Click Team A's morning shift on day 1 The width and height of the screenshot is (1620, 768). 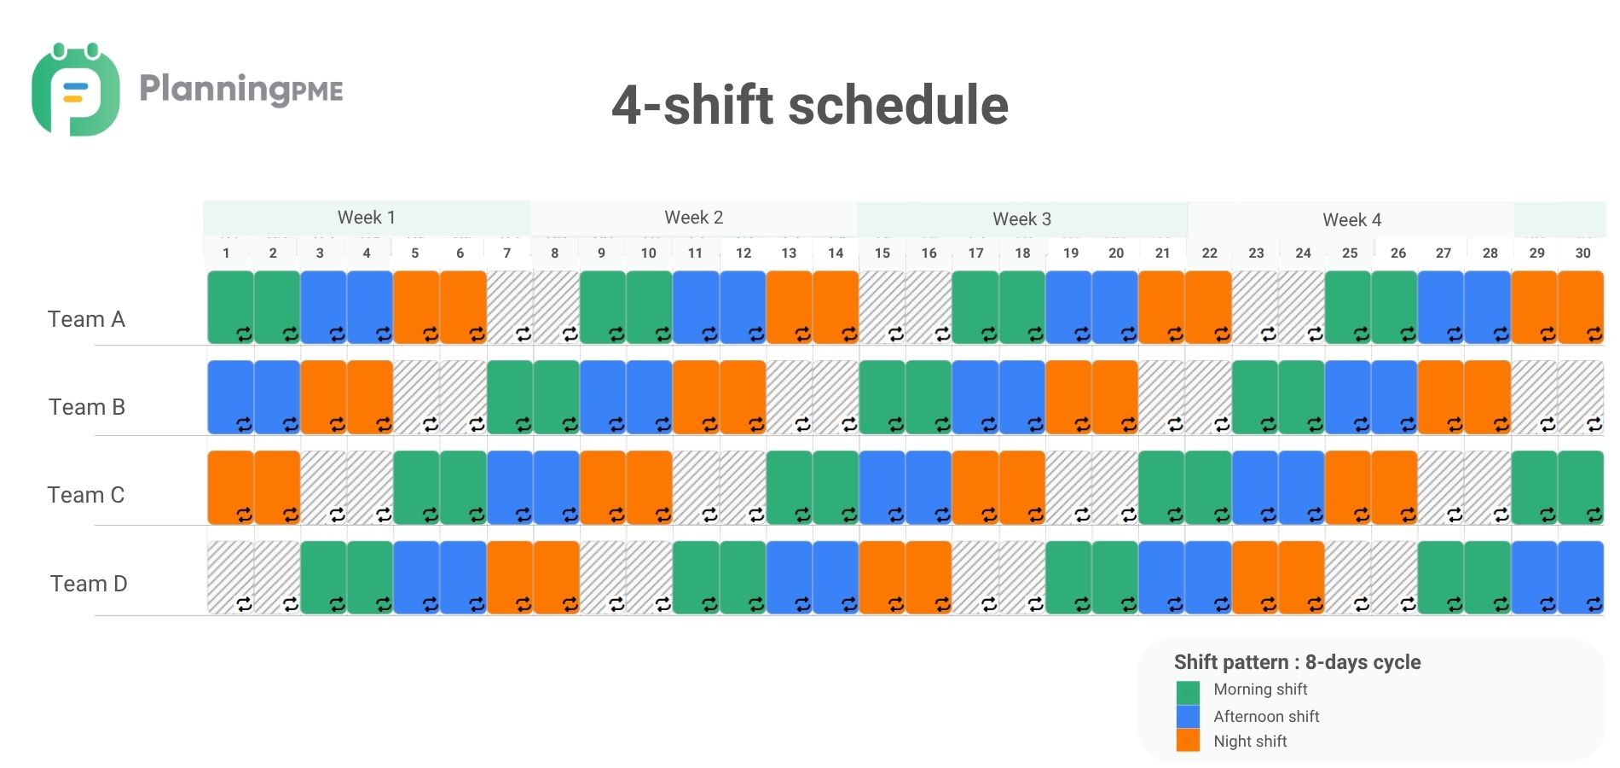[x=230, y=307]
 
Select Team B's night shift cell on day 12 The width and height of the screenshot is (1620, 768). [x=743, y=397]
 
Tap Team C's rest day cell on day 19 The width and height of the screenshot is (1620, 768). [x=1068, y=487]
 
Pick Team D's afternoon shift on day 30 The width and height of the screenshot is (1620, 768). [x=1581, y=577]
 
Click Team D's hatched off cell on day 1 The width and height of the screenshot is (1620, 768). [x=230, y=577]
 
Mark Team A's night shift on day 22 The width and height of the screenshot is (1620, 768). [x=1208, y=307]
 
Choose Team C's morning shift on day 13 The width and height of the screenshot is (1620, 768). [x=790, y=487]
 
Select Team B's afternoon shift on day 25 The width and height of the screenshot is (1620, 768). [x=1348, y=397]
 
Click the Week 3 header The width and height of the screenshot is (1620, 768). [x=1021, y=219]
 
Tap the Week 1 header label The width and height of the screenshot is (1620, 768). [x=367, y=218]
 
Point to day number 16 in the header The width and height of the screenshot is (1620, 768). [x=929, y=253]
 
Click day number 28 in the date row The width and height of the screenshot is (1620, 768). [x=1490, y=253]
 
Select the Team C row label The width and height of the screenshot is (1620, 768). [x=86, y=495]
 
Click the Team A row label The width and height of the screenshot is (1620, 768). [x=86, y=319]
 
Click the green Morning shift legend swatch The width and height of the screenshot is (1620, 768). [x=1188, y=691]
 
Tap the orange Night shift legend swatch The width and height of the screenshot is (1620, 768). [x=1188, y=740]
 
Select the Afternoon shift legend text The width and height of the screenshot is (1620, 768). [x=1266, y=716]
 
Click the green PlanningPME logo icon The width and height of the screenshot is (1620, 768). [x=75, y=90]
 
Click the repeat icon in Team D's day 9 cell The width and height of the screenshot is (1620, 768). [x=616, y=604]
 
